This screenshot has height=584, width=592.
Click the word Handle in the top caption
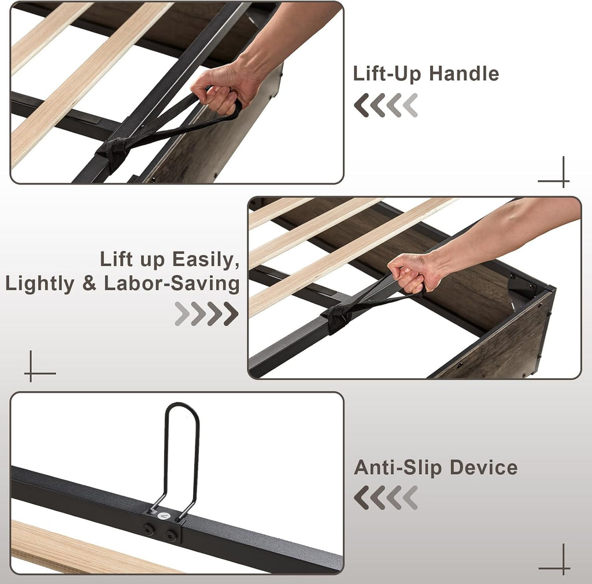[x=464, y=73]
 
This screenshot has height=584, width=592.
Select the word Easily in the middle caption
[x=206, y=260]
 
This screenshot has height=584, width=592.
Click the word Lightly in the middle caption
[x=40, y=284]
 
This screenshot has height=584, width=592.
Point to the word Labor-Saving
[x=172, y=284]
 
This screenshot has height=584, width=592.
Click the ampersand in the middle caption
[x=89, y=284]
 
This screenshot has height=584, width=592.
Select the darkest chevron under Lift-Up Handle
[x=361, y=105]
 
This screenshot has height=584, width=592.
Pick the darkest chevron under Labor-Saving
[x=231, y=313]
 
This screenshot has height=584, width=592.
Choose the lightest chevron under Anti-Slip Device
[x=410, y=497]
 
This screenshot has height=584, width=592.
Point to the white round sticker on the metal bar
[x=163, y=515]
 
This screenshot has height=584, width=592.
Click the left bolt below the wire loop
[x=149, y=529]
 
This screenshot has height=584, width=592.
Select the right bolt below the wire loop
[x=172, y=535]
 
